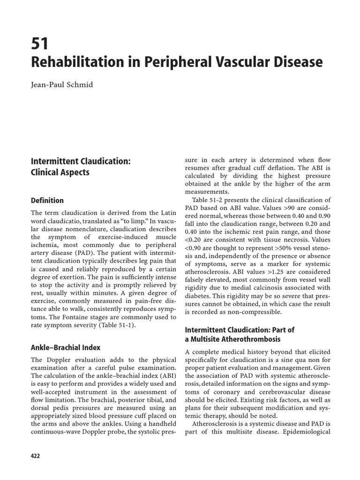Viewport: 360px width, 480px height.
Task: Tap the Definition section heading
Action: [47, 201]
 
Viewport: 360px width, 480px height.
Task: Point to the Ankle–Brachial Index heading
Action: [66, 347]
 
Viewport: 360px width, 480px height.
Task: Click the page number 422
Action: [36, 456]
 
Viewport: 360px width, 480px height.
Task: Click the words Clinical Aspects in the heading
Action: [60, 172]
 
